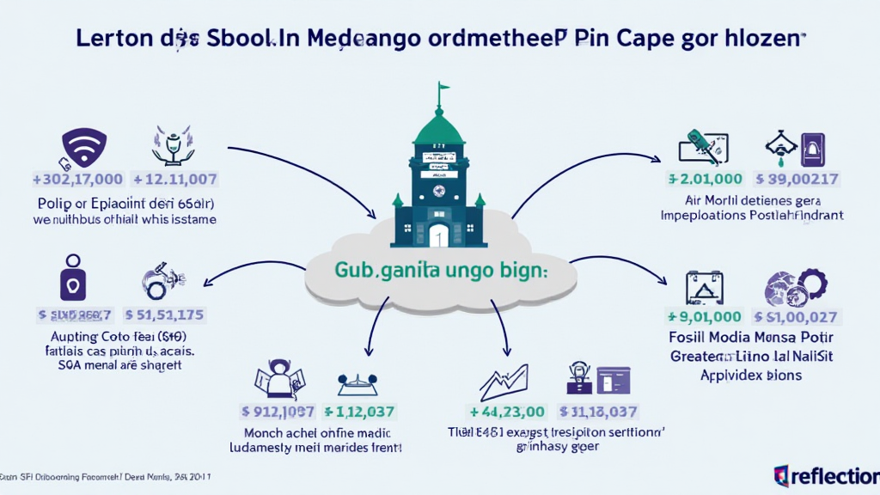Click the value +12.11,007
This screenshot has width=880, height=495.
coord(175,180)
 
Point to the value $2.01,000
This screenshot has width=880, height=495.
coord(705,179)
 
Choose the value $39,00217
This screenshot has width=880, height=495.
coord(797,179)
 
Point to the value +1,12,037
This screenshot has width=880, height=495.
coord(365,411)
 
